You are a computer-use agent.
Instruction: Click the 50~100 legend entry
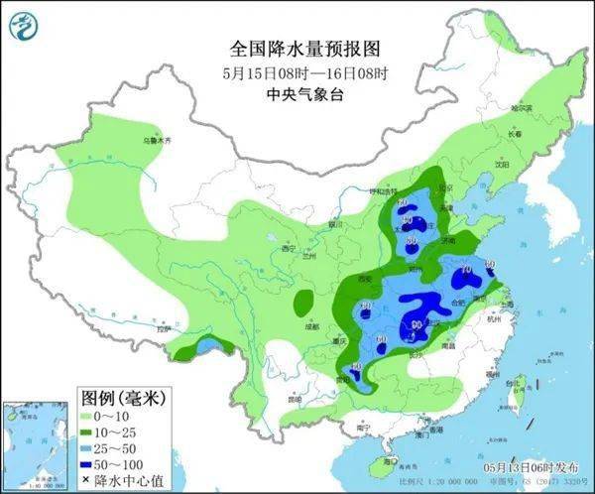click(113, 466)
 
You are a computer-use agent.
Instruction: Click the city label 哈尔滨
click(522, 107)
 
